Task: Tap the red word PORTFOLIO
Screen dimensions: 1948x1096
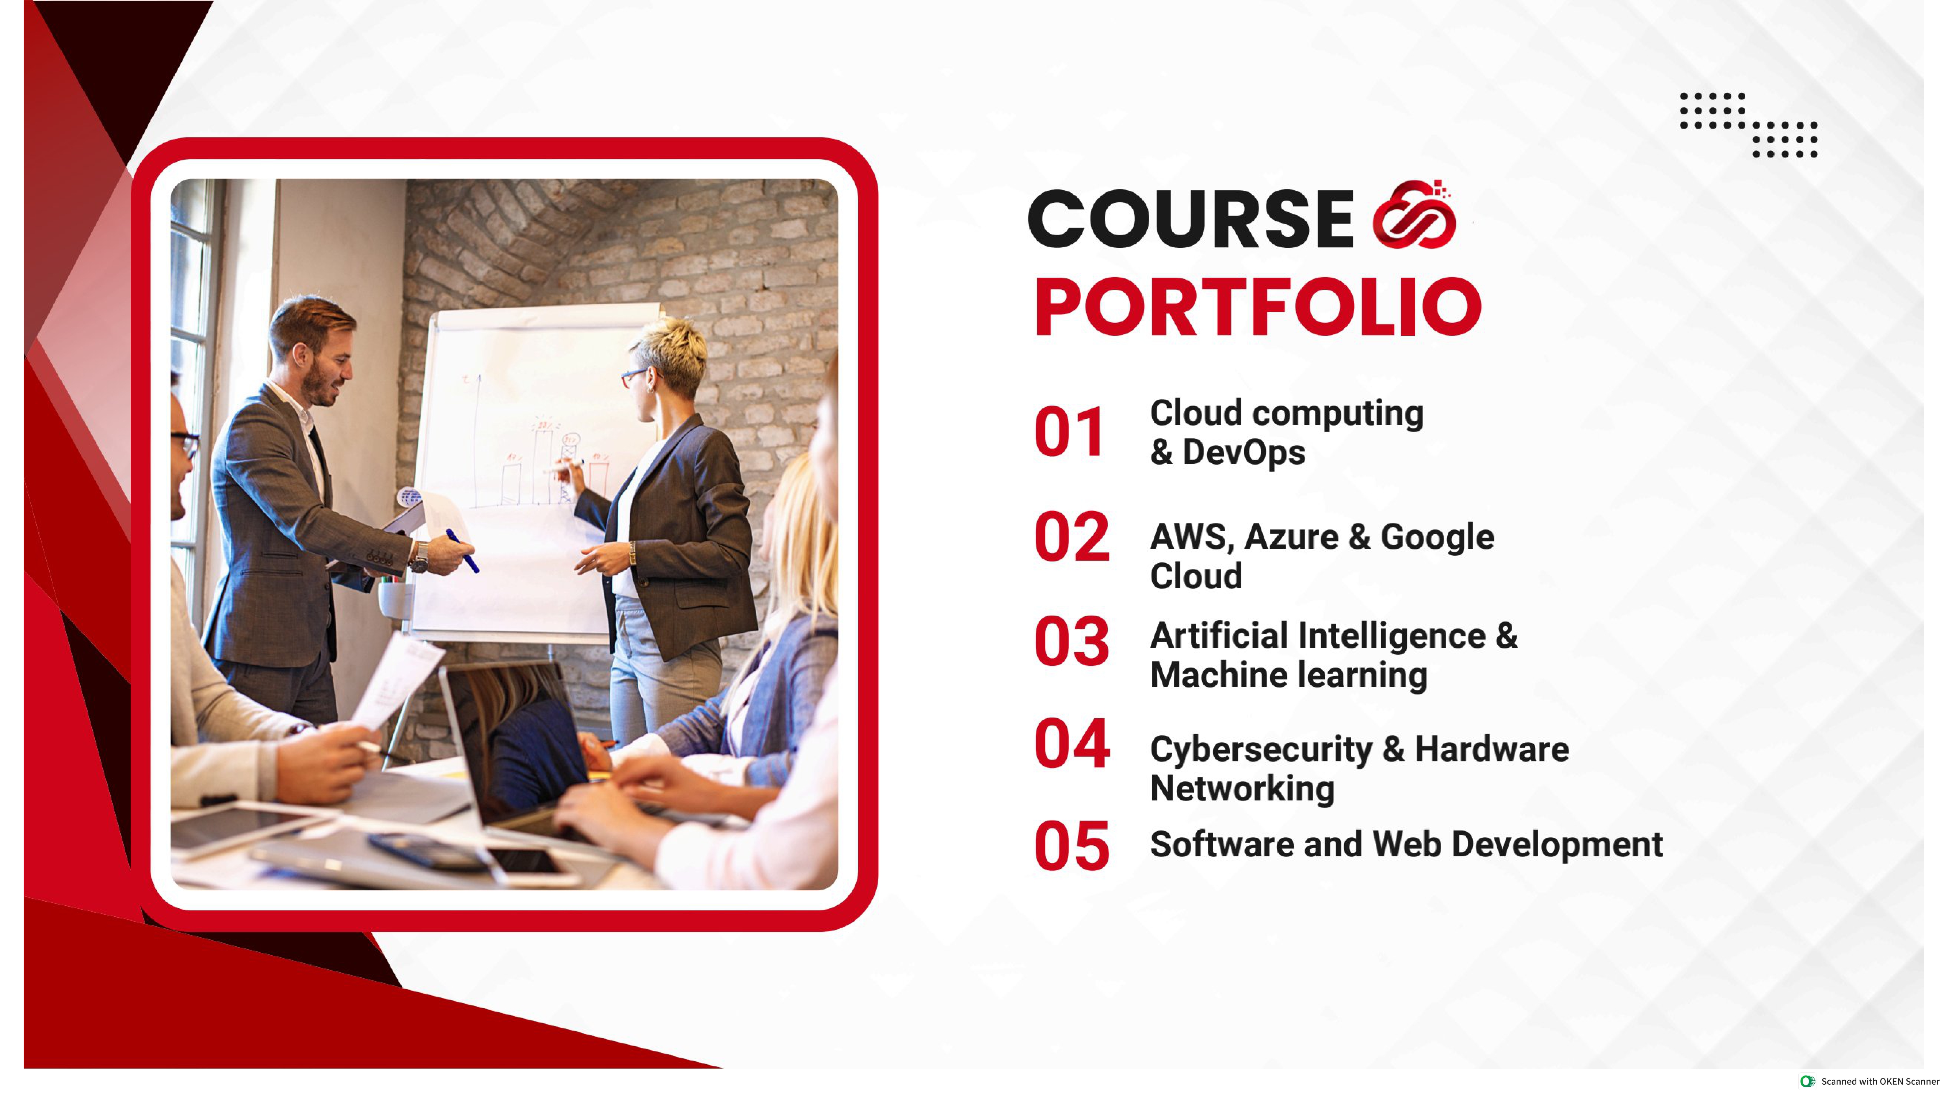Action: (1257, 307)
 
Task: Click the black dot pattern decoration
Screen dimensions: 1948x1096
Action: (1748, 125)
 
